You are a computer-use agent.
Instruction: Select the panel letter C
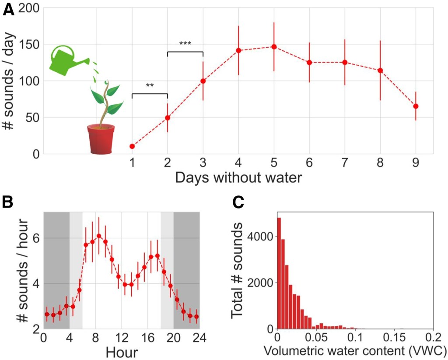tap(238, 202)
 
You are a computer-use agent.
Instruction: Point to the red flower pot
tap(101, 138)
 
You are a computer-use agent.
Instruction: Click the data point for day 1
tap(132, 146)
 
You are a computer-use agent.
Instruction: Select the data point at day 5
tap(274, 47)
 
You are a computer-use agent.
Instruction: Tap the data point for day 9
tap(416, 106)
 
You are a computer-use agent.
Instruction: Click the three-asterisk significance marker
tap(185, 44)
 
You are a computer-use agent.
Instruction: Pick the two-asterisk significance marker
tap(149, 85)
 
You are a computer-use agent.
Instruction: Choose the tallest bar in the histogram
tap(279, 273)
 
